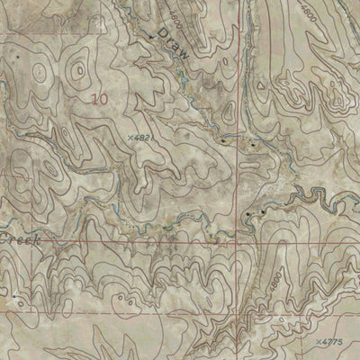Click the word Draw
(172, 43)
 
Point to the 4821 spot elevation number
(144, 137)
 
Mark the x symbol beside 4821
(130, 137)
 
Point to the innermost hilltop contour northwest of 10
(40, 70)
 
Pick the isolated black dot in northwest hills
(15, 56)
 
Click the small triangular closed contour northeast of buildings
(261, 84)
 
